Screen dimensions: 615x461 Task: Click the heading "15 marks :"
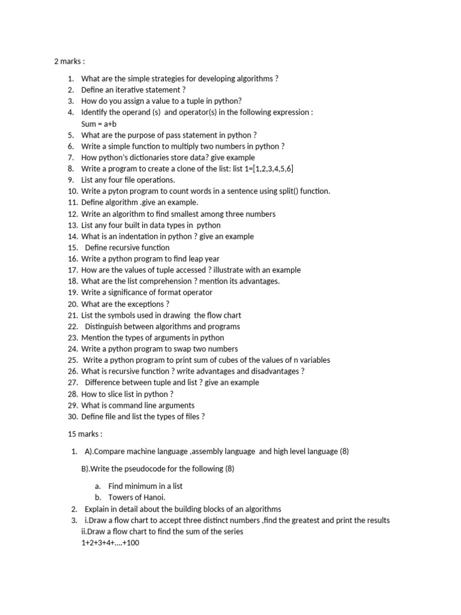point(85,434)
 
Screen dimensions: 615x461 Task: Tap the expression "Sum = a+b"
point(99,124)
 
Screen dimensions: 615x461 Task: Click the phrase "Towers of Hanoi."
point(136,497)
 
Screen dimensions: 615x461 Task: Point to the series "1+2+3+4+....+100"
point(110,543)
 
